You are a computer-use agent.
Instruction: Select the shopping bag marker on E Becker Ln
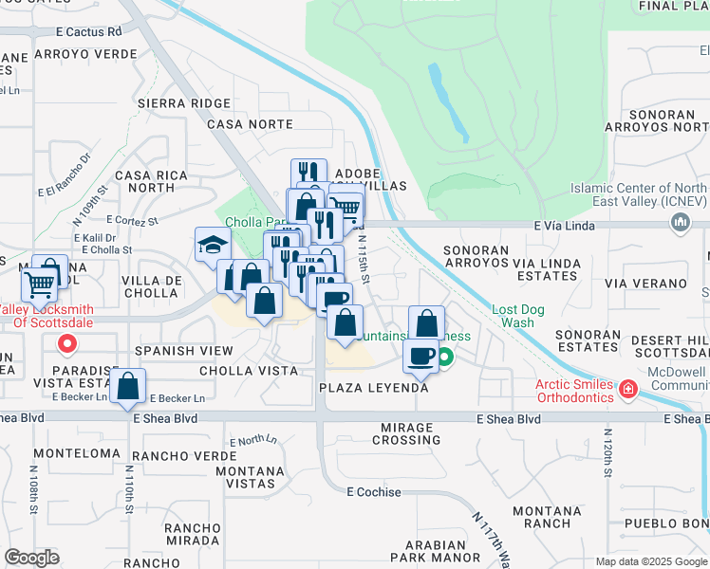(x=127, y=386)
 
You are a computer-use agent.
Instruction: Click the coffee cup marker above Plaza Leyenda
(x=420, y=355)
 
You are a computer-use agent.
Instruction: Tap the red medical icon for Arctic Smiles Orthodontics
(x=626, y=389)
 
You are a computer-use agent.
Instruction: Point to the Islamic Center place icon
(x=680, y=222)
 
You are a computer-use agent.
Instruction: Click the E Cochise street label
(x=373, y=492)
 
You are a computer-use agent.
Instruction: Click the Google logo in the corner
(x=31, y=558)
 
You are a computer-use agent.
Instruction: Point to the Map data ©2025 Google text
(x=650, y=561)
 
